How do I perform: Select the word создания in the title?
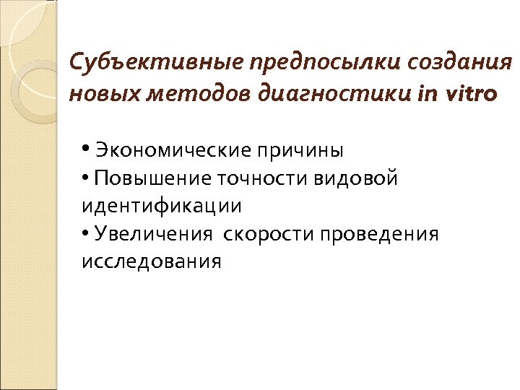click(x=459, y=64)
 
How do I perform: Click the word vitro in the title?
click(x=469, y=95)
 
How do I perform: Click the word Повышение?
click(x=149, y=178)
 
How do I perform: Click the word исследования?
click(x=151, y=261)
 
